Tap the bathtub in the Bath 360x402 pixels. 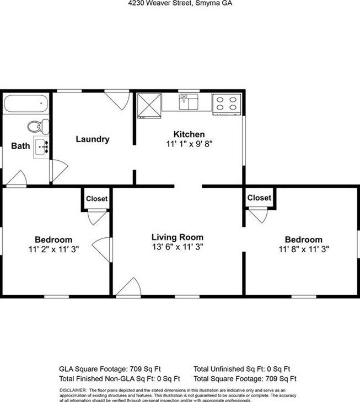(26, 104)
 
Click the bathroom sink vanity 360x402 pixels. (41, 147)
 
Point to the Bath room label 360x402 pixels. (20, 146)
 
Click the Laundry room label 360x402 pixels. (92, 139)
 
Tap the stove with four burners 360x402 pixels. (226, 104)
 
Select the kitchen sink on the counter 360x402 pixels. (188, 101)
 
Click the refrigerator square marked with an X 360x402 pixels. (148, 105)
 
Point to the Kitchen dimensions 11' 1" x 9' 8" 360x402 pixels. (189, 144)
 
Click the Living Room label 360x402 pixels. (178, 237)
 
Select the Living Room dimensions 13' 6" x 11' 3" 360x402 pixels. (178, 247)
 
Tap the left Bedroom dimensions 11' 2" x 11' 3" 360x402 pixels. (53, 249)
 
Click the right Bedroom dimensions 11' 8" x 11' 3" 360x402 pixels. (304, 249)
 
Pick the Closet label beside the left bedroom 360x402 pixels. (97, 199)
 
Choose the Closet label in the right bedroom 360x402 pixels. (259, 198)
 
